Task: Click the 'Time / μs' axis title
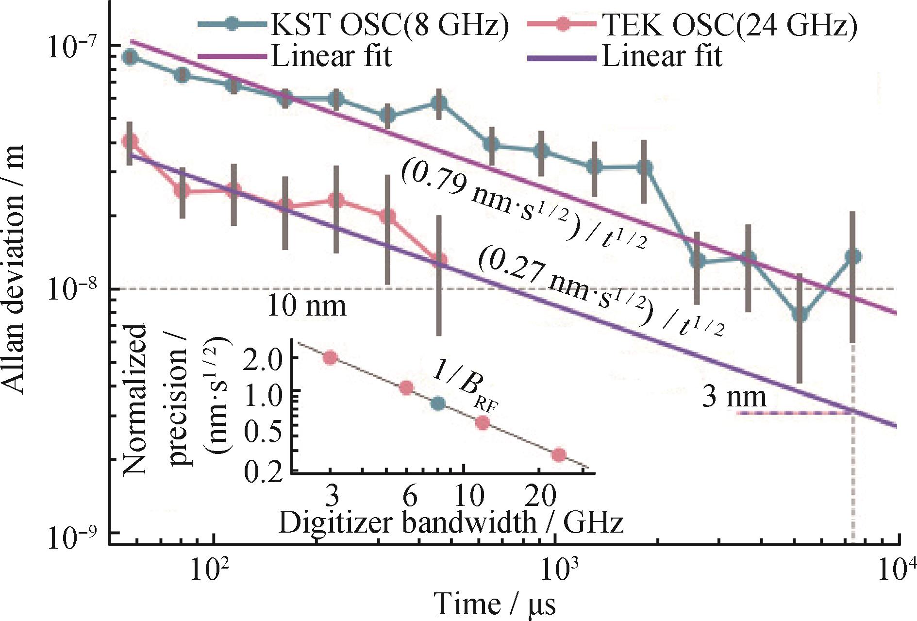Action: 494,604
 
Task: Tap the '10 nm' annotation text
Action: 307,306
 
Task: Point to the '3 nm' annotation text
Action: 734,397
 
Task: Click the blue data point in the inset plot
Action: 438,403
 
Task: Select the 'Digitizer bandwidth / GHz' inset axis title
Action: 450,523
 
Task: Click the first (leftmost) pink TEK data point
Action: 130,142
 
